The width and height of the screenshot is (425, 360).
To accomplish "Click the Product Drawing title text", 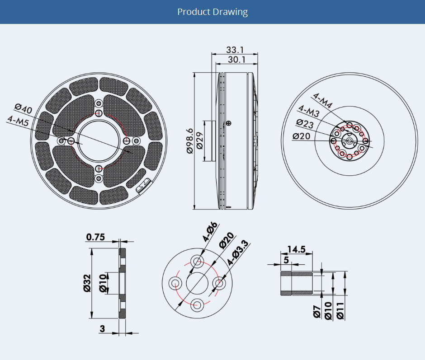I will [x=212, y=12].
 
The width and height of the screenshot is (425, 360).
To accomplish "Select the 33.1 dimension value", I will [x=235, y=49].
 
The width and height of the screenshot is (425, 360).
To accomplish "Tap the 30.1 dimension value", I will [x=236, y=60].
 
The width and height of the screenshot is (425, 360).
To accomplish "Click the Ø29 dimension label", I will [x=199, y=140].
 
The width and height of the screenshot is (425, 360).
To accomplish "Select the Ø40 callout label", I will [x=23, y=109].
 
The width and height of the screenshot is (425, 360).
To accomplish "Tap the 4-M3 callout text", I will [x=308, y=111].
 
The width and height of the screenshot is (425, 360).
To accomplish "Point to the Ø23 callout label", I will [x=305, y=123].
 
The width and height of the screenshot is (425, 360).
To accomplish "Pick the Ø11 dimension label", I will [x=340, y=312].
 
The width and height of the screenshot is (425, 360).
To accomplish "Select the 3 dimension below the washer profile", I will [x=102, y=329].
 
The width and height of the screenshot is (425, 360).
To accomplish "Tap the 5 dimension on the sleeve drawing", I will [x=286, y=260].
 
